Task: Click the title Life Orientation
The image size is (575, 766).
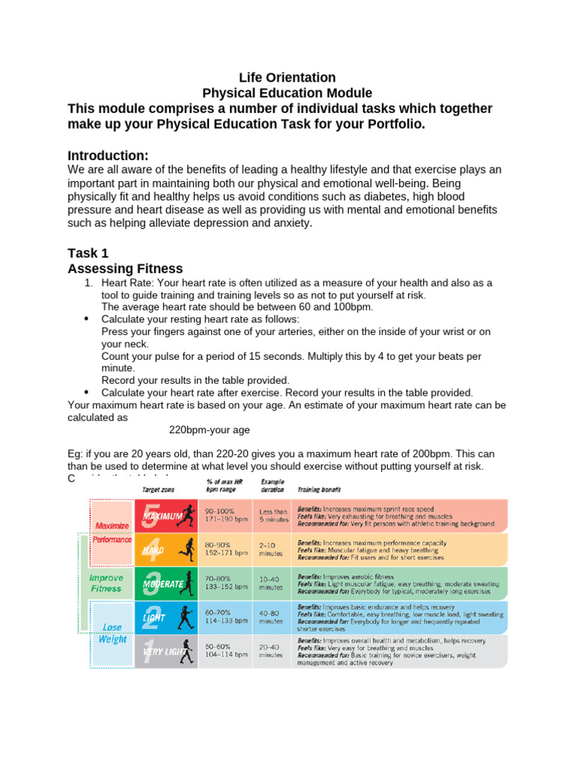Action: [287, 78]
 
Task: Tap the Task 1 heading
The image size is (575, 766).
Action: [94, 254]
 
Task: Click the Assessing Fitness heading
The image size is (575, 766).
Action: [125, 269]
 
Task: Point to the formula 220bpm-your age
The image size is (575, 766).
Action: [209, 430]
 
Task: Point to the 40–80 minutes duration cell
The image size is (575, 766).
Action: [271, 616]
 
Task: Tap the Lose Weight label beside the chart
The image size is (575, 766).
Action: [112, 634]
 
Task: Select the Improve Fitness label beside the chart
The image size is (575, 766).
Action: [106, 583]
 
